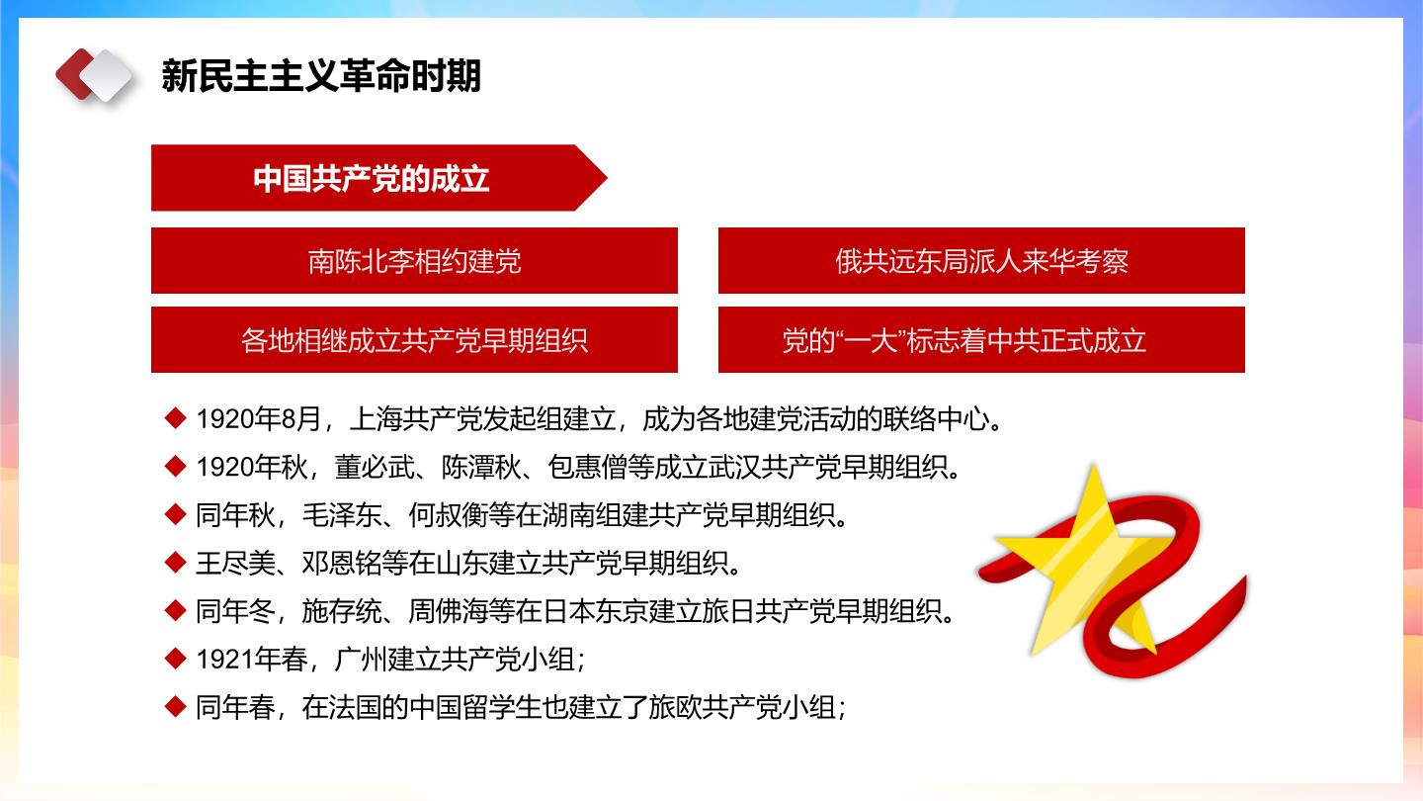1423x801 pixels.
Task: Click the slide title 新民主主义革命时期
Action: tap(321, 76)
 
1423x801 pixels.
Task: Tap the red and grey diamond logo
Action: tap(94, 75)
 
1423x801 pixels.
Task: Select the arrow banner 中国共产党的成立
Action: tap(378, 178)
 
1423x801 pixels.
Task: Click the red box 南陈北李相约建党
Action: tap(414, 261)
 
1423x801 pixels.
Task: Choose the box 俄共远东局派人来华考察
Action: tap(981, 261)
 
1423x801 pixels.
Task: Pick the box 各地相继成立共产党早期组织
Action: tap(414, 340)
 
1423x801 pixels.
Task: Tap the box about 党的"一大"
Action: tap(981, 340)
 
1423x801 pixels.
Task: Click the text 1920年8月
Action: tap(259, 419)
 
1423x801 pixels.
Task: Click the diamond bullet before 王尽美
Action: tap(175, 563)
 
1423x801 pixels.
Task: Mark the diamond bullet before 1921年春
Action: tap(175, 659)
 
